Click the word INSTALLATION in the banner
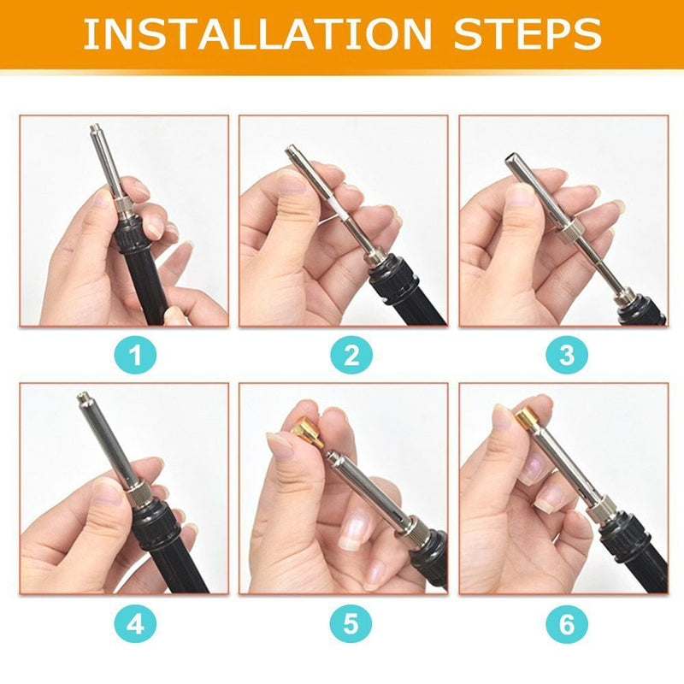coord(257,34)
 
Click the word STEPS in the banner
coord(528,34)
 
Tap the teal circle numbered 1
coord(135,355)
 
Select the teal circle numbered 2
coord(351,355)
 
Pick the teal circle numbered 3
coord(567,355)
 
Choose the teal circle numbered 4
coord(135,624)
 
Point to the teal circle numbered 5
coord(351,624)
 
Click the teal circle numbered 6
coord(567,624)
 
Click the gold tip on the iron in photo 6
coord(527,416)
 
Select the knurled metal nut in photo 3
coord(568,230)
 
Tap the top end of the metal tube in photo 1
coord(94,127)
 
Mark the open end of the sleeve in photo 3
coord(510,158)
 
